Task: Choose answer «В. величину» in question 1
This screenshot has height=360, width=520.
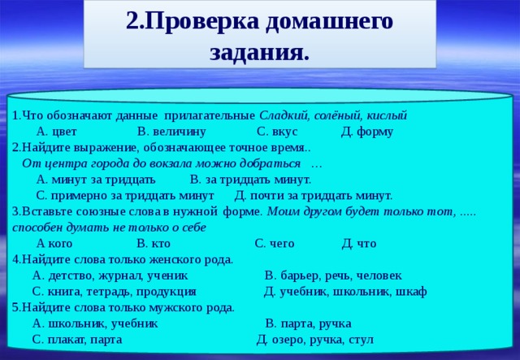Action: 171,132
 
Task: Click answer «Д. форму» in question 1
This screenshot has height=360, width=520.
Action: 367,132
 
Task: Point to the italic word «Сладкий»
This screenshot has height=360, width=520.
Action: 284,115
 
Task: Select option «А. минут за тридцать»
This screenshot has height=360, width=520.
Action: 96,179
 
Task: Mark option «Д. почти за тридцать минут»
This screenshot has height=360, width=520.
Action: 313,195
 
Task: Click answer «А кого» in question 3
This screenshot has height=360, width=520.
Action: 54,243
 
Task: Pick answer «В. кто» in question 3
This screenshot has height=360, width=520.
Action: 154,243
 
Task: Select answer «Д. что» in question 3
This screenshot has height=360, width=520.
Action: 359,243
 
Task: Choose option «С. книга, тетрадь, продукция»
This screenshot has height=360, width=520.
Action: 114,291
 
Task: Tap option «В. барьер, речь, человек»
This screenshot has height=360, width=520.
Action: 332,275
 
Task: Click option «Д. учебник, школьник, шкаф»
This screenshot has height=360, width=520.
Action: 345,291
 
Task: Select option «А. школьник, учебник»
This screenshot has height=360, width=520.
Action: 95,323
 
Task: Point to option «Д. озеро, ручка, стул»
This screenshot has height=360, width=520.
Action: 315,339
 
